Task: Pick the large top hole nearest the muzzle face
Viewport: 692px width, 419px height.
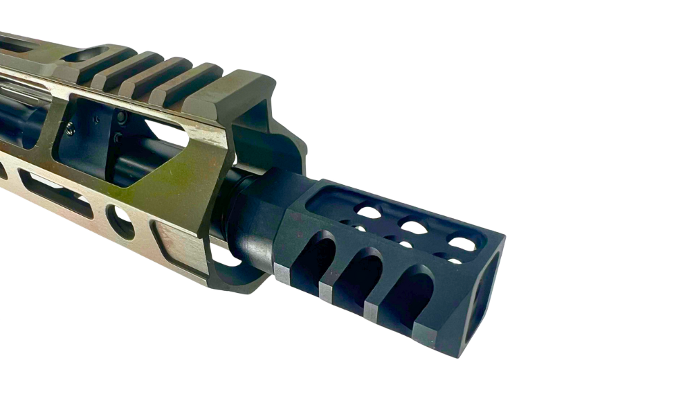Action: pyautogui.click(x=462, y=244)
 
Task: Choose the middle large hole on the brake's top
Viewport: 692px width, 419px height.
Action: pyautogui.click(x=414, y=227)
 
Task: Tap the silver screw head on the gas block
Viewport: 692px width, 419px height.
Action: pyautogui.click(x=72, y=126)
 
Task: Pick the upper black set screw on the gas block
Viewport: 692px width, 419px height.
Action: pyautogui.click(x=120, y=117)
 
